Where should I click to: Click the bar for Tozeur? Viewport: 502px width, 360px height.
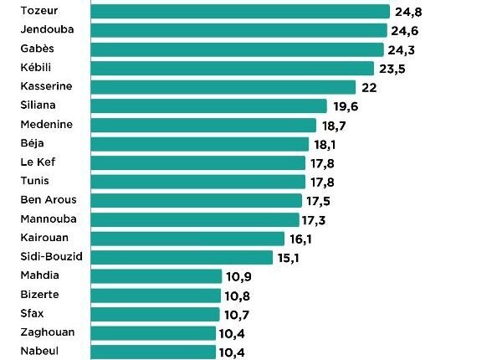pyautogui.click(x=239, y=11)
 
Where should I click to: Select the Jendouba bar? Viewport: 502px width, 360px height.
pyautogui.click(x=238, y=30)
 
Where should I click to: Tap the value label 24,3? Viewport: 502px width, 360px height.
pyautogui.click(x=401, y=49)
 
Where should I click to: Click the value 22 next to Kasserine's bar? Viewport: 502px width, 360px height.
pyautogui.click(x=370, y=87)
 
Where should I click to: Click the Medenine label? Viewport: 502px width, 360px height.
pyautogui.click(x=46, y=125)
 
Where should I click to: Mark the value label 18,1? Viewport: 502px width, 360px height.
pyautogui.click(x=326, y=144)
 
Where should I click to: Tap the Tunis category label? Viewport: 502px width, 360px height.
pyautogui.click(x=34, y=181)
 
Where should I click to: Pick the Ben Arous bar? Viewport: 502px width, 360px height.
pyautogui.click(x=196, y=200)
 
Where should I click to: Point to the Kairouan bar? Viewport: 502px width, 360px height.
pyautogui.click(x=187, y=239)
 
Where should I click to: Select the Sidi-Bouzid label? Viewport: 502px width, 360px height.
pyautogui.click(x=50, y=256)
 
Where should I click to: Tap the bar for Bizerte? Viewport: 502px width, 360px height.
pyautogui.click(x=155, y=295)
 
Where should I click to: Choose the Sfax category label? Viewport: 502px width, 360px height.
pyautogui.click(x=32, y=313)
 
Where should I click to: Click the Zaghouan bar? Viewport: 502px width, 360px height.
pyautogui.click(x=153, y=332)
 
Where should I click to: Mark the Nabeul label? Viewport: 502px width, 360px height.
pyautogui.click(x=38, y=352)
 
